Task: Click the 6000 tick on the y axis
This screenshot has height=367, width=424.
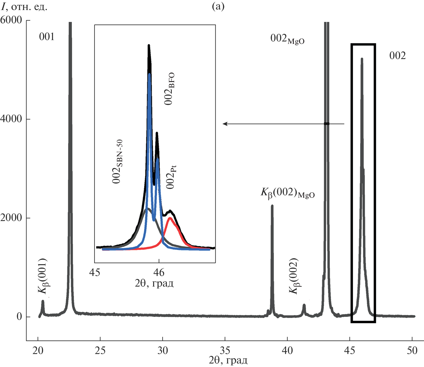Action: point(11,20)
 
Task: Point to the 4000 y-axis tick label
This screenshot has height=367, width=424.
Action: point(11,119)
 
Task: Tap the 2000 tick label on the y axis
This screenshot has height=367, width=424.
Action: point(11,217)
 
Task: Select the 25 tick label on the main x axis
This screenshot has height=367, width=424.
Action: point(100,350)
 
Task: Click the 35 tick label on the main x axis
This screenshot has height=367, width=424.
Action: point(225,350)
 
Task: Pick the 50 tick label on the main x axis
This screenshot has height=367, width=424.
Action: point(412,350)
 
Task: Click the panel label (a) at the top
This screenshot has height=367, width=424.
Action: point(218,7)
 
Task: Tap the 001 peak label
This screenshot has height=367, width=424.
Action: point(47,37)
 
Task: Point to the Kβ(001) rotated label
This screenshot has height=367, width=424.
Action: point(43,276)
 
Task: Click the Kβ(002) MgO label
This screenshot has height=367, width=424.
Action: point(287,193)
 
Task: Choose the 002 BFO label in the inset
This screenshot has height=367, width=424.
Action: point(170,89)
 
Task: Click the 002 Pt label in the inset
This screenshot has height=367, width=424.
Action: point(171,177)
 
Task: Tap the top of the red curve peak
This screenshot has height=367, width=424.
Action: point(170,218)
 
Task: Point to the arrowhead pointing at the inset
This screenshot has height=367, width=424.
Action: point(224,124)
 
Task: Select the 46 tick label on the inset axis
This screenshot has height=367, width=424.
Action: point(159,272)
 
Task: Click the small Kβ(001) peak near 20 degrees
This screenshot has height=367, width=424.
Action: point(43,301)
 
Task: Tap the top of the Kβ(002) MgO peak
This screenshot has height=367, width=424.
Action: point(272,206)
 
